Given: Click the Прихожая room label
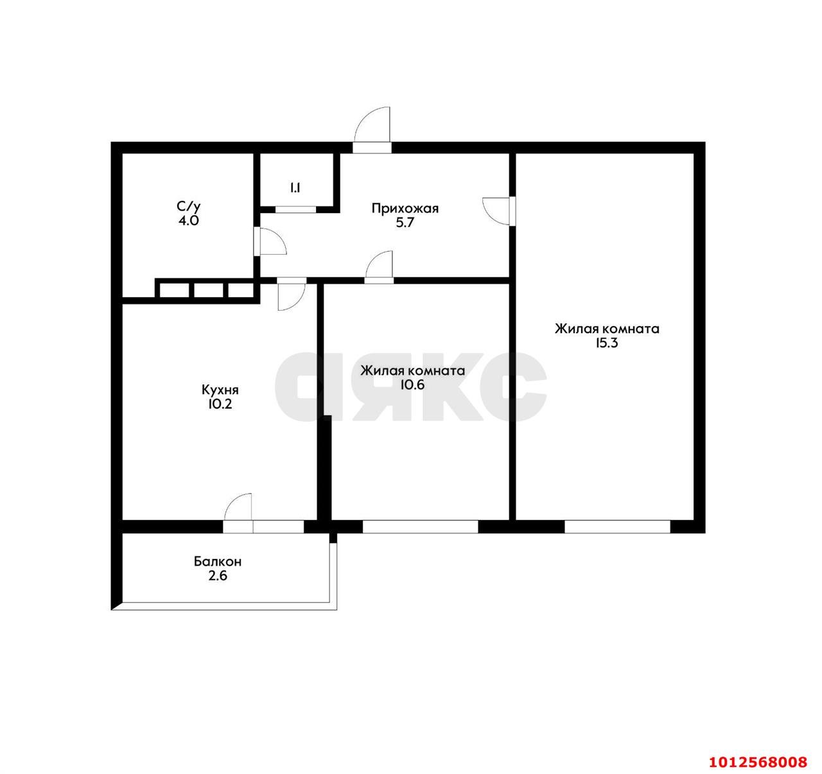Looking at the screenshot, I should [x=405, y=208].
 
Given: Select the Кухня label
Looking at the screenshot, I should [x=220, y=390].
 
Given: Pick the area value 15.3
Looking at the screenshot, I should [x=607, y=343].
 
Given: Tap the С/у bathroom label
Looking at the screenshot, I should [x=189, y=207].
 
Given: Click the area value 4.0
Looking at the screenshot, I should [x=189, y=221].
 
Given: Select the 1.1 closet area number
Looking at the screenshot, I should [x=295, y=188].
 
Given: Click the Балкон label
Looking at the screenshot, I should [x=218, y=562].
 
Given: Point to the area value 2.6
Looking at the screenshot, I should [x=218, y=576].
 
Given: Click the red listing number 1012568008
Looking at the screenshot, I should [x=758, y=762].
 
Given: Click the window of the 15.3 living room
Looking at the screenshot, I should [x=617, y=527].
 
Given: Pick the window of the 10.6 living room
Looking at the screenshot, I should [x=421, y=527].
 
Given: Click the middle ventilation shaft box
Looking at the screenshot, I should [x=207, y=290].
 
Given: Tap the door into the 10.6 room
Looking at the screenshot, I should [x=380, y=268].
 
